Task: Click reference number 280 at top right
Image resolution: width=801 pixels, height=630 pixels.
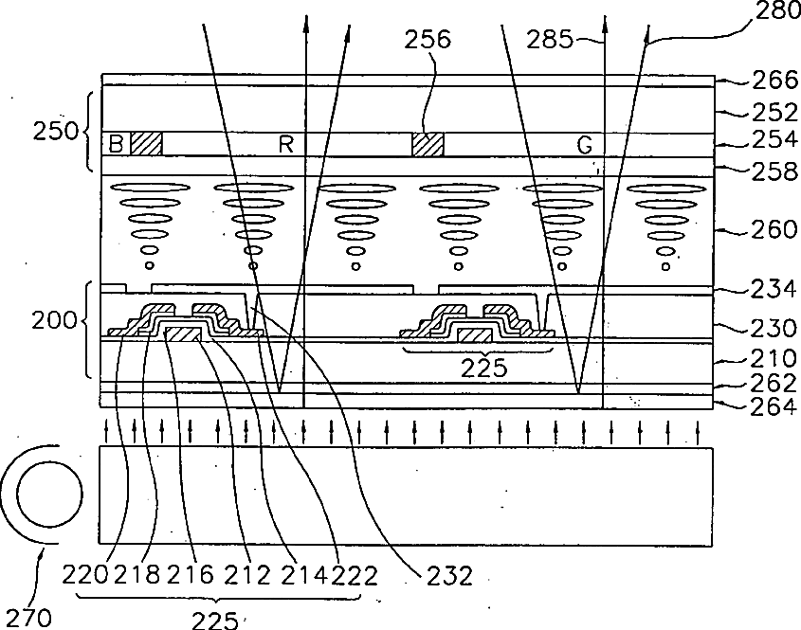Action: coord(778,12)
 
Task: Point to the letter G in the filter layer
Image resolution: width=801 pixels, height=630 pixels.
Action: coord(585,145)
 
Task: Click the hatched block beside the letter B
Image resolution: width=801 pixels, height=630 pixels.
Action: coord(146,144)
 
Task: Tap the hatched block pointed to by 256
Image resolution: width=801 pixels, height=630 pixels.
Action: coord(428,144)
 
